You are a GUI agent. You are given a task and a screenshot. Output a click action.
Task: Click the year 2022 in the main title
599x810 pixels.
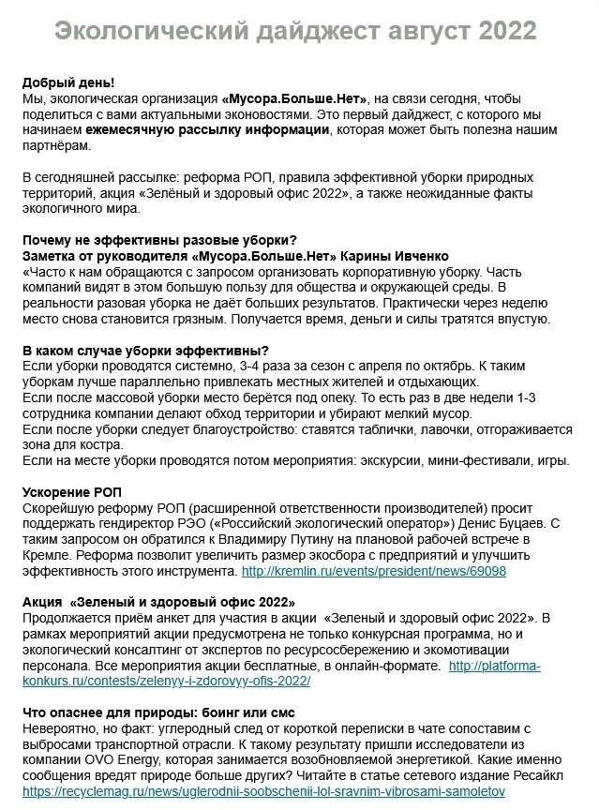[x=507, y=31]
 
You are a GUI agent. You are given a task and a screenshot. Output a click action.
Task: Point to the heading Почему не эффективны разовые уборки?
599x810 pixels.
[x=159, y=240]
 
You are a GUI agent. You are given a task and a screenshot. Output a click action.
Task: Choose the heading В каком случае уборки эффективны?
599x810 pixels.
[x=145, y=351]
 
